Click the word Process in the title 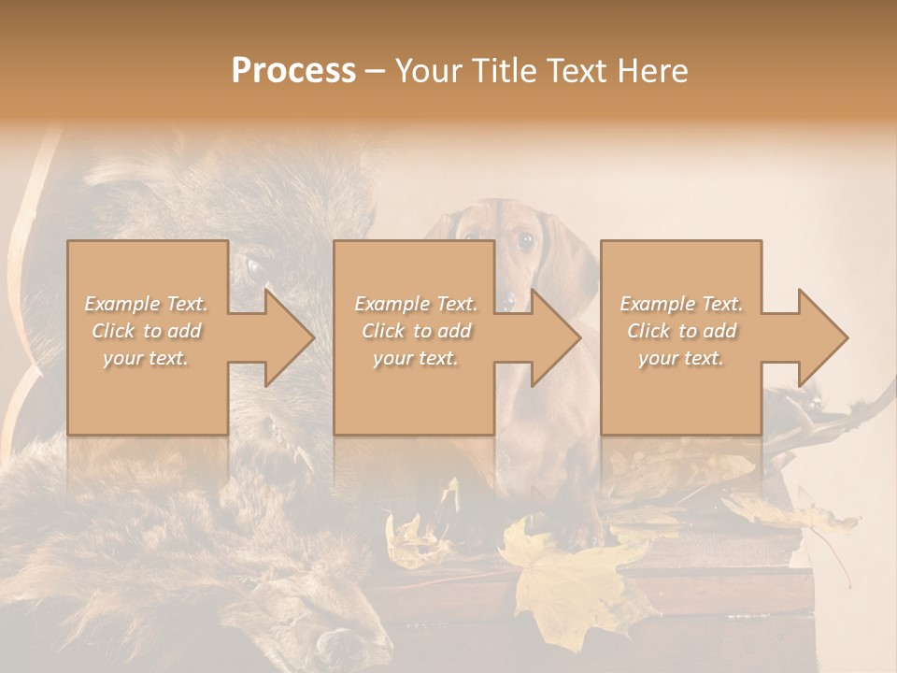293,71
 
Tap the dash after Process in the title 376,72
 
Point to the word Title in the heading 506,71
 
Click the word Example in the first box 121,304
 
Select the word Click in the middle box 383,331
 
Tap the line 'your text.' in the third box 680,358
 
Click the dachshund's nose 508,299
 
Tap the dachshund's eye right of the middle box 525,240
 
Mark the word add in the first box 186,331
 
